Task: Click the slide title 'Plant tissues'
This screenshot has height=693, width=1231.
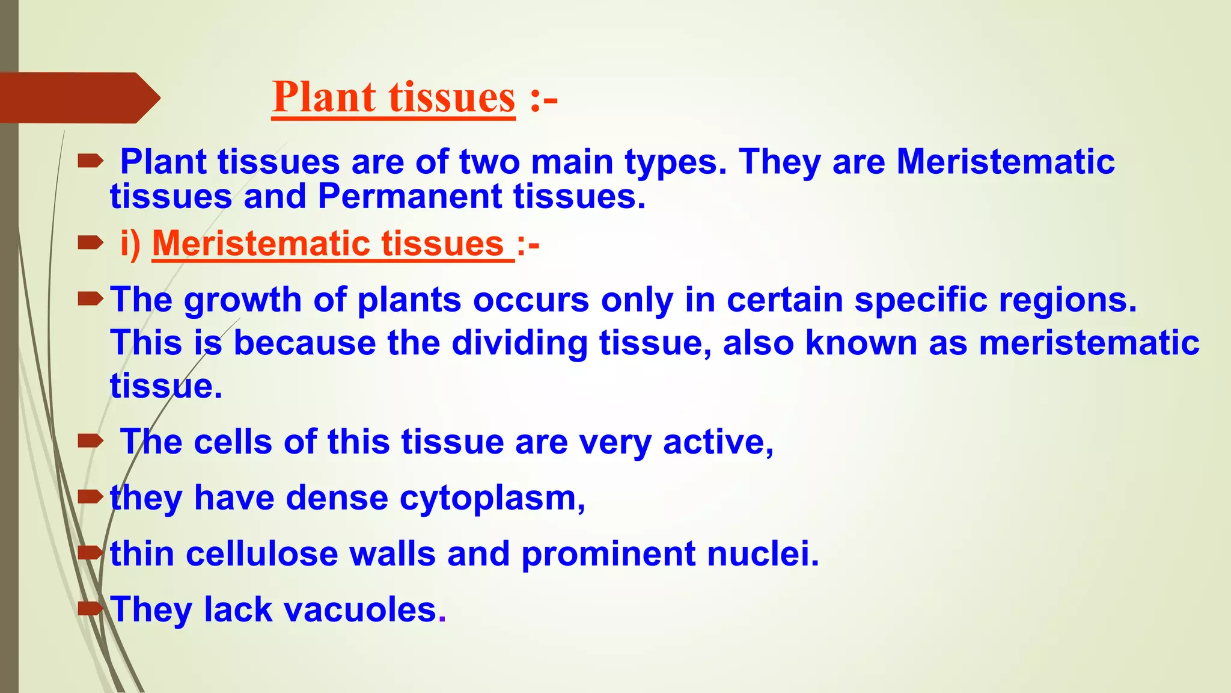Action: point(394,97)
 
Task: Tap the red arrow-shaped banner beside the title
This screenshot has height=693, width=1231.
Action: point(78,98)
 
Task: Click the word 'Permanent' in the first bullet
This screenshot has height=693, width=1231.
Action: point(409,197)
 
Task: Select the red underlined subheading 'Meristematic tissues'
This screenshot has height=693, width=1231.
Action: point(332,244)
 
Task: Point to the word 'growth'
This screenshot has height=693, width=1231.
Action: point(243,300)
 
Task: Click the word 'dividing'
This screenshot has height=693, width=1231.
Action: point(519,343)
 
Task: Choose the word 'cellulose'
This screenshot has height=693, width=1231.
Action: point(261,553)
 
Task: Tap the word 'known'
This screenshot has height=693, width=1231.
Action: point(861,343)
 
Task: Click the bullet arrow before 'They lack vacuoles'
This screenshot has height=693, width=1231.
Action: point(91,609)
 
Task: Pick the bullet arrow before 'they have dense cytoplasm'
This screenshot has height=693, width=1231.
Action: point(91,497)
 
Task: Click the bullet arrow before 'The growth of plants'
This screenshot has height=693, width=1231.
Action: point(91,298)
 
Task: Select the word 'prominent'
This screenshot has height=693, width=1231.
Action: point(608,553)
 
